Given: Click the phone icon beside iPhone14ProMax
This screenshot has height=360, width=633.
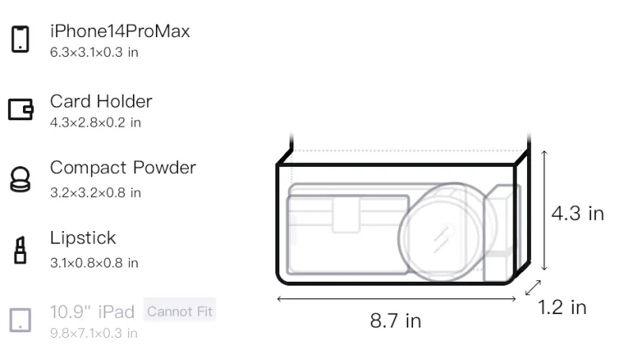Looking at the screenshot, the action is tap(21, 39).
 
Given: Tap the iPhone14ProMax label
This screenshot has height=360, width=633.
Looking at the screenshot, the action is tap(120, 31).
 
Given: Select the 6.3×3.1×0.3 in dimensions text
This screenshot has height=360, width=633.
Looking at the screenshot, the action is tap(94, 52).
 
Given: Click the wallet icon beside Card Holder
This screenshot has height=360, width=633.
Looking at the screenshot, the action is tap(21, 109).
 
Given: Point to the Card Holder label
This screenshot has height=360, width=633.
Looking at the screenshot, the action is tap(101, 101).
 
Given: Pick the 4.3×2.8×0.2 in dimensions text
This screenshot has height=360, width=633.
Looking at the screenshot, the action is tap(95, 123).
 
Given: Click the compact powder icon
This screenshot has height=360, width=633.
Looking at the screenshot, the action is tap(21, 179).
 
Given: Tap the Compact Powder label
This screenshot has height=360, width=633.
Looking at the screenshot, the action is tap(123, 168).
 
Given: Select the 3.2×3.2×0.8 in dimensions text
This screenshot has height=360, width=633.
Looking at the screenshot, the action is tap(95, 193).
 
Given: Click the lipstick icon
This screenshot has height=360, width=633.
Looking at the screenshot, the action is tap(21, 250).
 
